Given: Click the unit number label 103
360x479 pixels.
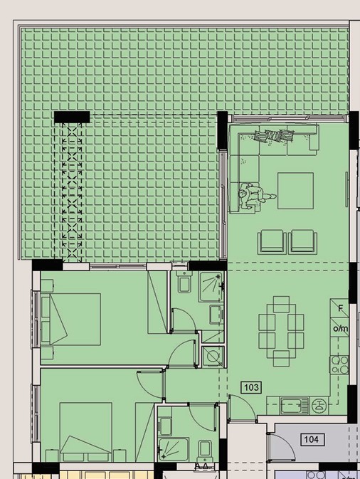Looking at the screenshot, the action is coord(251,387).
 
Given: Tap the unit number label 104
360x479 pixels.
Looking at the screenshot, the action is coord(311,439).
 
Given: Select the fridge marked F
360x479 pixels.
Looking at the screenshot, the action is coord(339,308).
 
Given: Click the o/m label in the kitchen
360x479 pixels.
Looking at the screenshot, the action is coord(340,329).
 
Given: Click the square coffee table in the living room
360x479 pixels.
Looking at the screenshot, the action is coord(295,191).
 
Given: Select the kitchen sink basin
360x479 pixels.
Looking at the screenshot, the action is coord(291,406).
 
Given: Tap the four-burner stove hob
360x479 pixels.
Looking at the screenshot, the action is coord(339,364).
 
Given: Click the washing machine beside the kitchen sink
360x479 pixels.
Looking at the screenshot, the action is coord(319,406).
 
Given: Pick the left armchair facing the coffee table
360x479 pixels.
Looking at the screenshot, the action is coord(272,242).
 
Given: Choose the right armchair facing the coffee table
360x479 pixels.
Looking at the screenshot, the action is coord(302,242).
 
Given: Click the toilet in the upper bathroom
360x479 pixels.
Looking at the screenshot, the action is coord(184,282).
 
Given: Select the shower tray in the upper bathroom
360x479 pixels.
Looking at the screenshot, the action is coord(211,287).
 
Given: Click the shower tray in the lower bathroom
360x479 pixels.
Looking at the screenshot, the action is coord(173,449).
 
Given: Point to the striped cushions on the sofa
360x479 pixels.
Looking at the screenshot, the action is coord(274,135).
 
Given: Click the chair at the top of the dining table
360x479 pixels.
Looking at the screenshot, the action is coord(281,304).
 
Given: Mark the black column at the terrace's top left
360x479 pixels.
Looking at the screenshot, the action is coord(72,117).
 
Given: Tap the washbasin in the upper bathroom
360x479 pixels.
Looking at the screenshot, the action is coord(216,315).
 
